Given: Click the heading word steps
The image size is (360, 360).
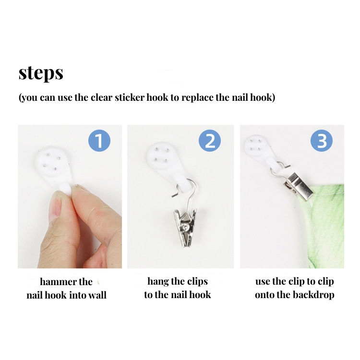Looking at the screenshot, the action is click(41, 73).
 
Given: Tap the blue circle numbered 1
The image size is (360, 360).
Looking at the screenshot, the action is click(99, 141).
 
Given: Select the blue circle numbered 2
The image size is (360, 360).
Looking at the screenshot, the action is click(210, 141).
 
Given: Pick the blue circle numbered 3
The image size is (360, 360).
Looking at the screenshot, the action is click(322, 141).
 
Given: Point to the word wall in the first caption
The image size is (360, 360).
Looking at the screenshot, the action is click(97, 295).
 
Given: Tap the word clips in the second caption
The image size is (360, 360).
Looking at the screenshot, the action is click(197, 282).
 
